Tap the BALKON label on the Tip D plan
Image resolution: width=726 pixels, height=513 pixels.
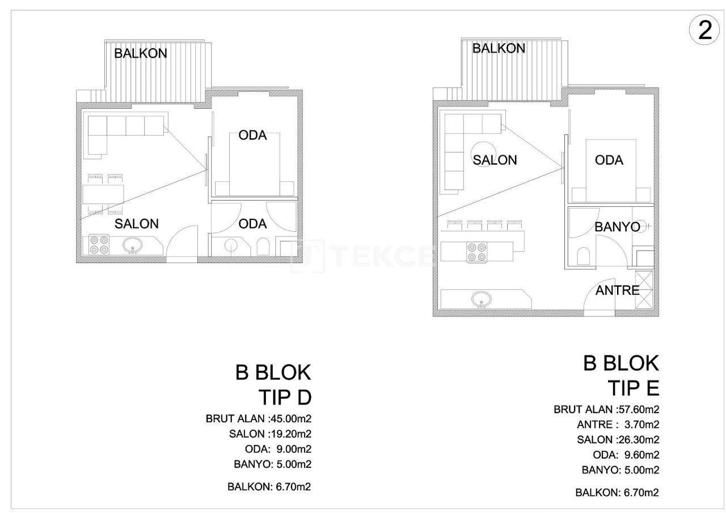click(x=141, y=54)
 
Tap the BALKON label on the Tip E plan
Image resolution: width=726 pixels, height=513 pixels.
click(x=499, y=49)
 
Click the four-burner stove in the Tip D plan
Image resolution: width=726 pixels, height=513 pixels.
click(x=100, y=245)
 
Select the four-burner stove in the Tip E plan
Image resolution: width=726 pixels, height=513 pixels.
click(x=476, y=252)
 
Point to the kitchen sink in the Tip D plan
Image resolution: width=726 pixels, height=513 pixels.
click(x=134, y=245)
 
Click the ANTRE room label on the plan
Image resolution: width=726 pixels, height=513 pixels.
click(x=617, y=291)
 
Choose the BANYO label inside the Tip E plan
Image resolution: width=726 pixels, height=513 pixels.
click(x=617, y=227)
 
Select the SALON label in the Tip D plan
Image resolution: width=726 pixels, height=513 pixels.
click(x=137, y=224)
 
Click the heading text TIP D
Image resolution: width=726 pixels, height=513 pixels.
click(x=285, y=398)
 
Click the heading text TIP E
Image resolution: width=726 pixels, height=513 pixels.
click(x=633, y=388)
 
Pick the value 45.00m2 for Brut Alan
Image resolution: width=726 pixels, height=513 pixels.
click(x=290, y=419)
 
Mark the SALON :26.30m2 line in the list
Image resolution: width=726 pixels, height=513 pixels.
click(x=618, y=440)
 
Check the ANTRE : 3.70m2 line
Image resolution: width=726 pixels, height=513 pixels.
click(x=623, y=425)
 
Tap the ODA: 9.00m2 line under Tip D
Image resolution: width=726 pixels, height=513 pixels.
click(x=274, y=450)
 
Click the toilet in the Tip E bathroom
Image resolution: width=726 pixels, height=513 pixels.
click(x=584, y=257)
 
